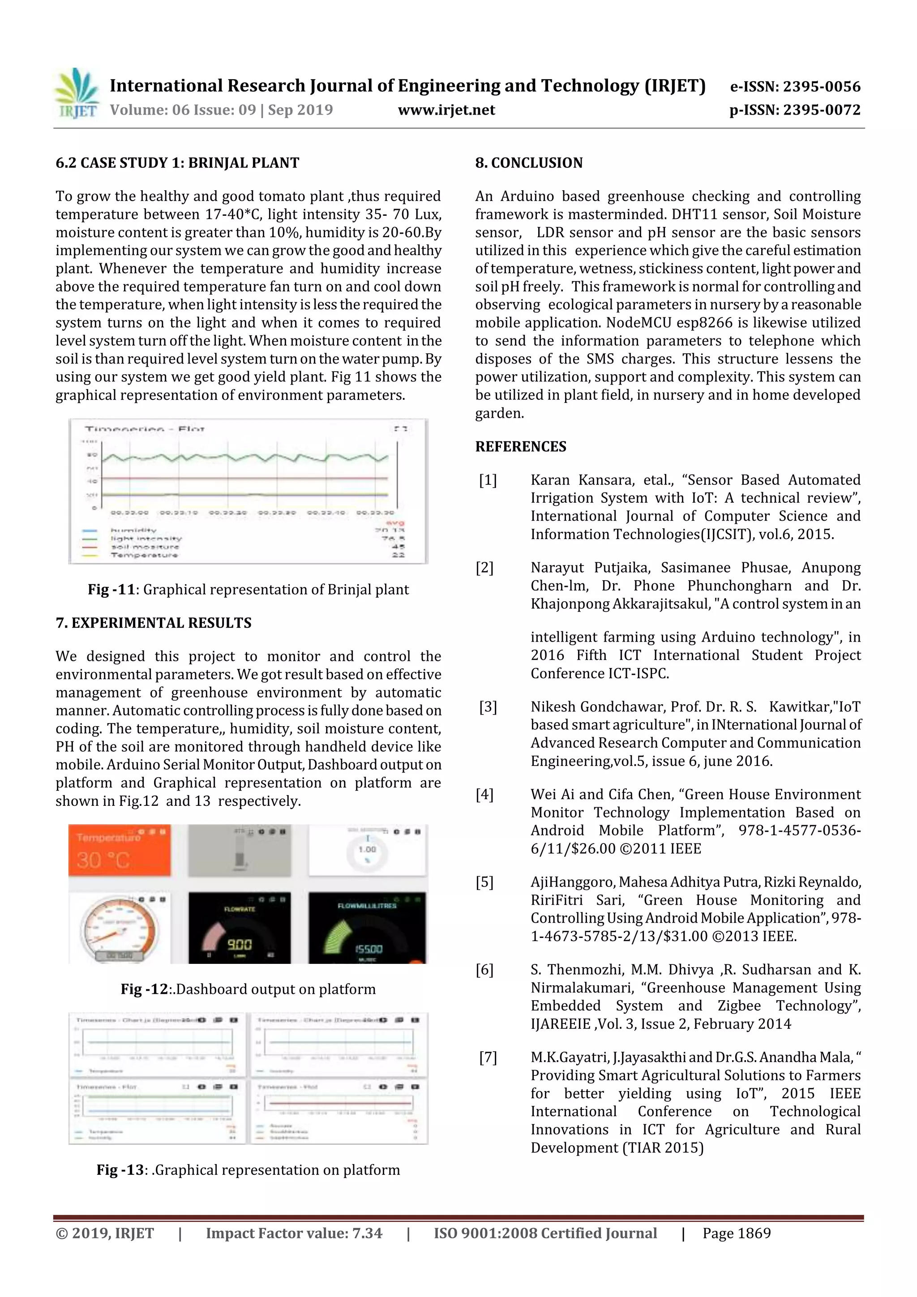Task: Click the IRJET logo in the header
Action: point(77,94)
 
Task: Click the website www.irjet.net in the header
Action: point(446,110)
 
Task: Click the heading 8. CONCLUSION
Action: point(528,163)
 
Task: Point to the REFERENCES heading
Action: point(520,447)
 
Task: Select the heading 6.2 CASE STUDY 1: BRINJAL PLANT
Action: point(177,163)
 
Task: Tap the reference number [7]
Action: point(488,1057)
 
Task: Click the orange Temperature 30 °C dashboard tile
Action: point(119,850)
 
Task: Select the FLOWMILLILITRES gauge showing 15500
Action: point(367,928)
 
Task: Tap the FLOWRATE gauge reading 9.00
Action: point(239,928)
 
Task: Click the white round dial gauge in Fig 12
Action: point(118,928)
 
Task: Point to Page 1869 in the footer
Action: point(736,1233)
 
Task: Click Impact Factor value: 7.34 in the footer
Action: point(294,1233)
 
